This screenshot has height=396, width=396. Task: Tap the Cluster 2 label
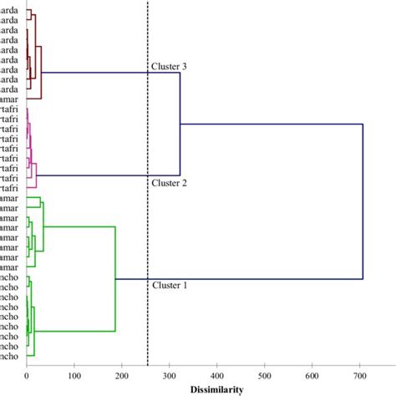168,183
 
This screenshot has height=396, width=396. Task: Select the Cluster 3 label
168,66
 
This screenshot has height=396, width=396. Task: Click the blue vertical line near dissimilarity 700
363,201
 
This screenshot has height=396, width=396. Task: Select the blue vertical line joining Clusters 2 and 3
180,125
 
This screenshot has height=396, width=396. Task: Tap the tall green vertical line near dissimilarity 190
115,278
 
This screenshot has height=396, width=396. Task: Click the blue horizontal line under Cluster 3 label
109,74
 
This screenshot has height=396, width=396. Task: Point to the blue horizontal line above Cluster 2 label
109,175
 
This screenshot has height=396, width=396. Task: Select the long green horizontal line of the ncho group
75,331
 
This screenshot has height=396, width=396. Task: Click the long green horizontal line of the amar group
79,226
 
